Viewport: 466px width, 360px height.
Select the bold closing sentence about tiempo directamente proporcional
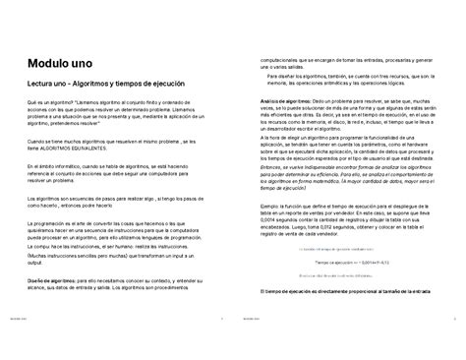tap(352, 291)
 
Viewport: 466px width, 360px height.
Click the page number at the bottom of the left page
tap(222, 346)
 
